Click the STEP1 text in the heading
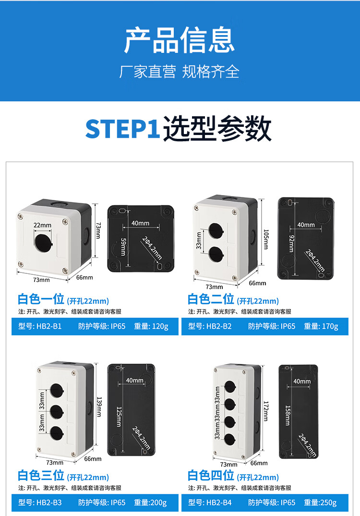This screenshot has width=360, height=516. (122, 129)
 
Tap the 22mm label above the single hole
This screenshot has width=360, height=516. (42, 225)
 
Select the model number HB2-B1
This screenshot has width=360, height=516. (49, 326)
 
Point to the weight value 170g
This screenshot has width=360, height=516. (330, 326)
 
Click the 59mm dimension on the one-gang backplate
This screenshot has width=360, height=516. (123, 247)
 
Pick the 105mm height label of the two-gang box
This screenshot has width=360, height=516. (266, 240)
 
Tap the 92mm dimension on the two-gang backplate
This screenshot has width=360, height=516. (291, 244)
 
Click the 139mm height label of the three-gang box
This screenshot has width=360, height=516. (99, 407)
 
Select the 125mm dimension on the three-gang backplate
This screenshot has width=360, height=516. (119, 417)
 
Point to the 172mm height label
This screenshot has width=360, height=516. (265, 411)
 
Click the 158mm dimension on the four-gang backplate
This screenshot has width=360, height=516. (288, 415)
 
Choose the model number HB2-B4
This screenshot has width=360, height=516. (219, 503)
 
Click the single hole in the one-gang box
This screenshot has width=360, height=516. (43, 243)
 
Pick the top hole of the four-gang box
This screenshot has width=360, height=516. (230, 387)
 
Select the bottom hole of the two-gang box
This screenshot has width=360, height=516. (216, 254)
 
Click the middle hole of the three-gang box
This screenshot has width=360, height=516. (57, 412)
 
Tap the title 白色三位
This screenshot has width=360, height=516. (41, 476)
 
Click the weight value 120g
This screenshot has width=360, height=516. (160, 326)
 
